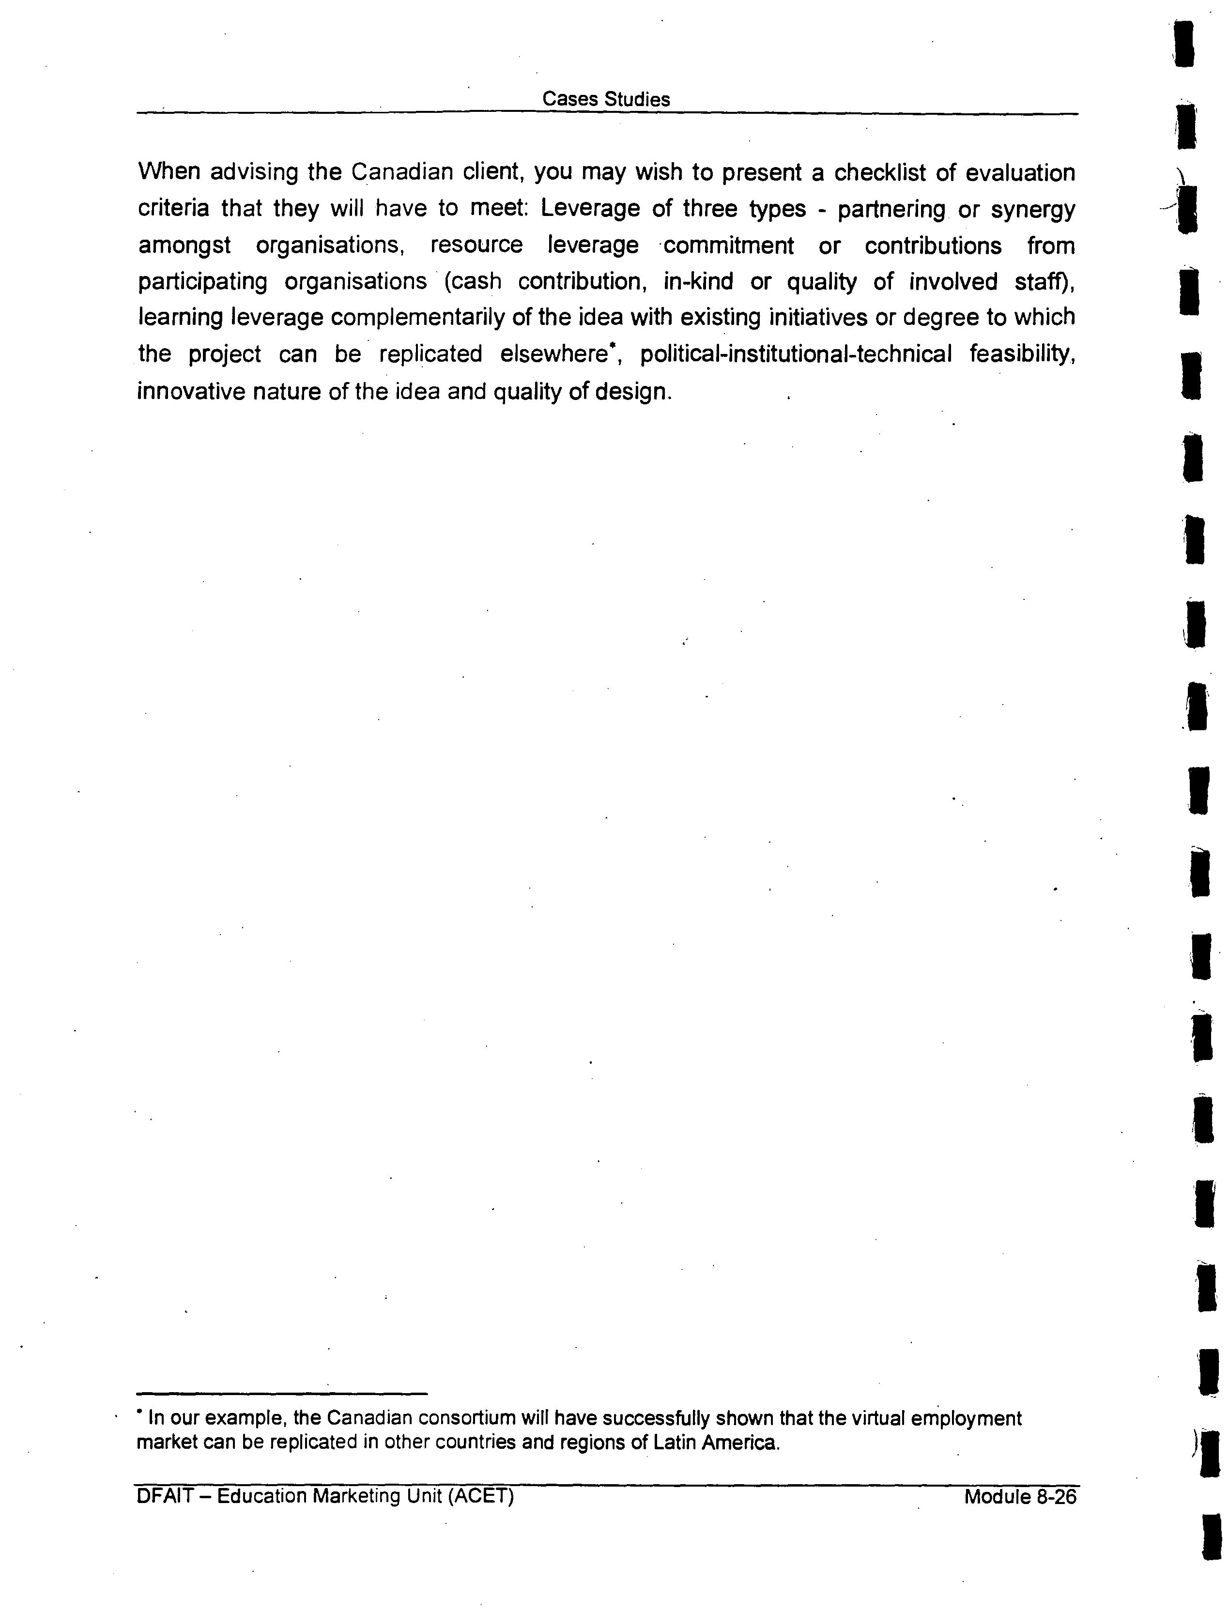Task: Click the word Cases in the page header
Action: pyautogui.click(x=566, y=99)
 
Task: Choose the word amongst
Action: pyautogui.click(x=184, y=246)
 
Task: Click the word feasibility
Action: pyautogui.click(x=1022, y=355)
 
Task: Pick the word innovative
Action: pyautogui.click(x=192, y=392)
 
